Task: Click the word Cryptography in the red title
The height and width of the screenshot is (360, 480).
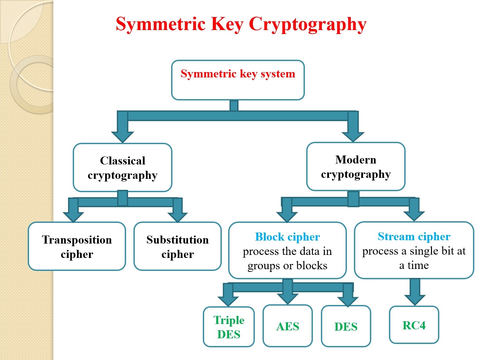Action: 308,24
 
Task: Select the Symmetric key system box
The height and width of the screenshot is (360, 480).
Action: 238,80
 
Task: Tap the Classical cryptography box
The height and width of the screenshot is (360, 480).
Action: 122,167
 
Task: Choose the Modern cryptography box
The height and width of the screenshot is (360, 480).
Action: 356,167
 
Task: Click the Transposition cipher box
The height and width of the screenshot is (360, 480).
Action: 77,246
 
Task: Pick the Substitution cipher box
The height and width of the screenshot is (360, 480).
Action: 177,246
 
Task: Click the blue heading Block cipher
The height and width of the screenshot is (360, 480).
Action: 287,237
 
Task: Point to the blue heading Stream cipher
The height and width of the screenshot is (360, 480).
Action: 414,236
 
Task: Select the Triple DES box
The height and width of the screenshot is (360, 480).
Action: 229,327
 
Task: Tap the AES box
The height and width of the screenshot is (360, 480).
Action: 288,326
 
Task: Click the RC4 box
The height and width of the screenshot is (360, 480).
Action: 414,325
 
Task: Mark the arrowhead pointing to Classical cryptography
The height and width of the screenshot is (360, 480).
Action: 122,137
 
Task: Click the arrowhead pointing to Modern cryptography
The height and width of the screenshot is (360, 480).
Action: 353,137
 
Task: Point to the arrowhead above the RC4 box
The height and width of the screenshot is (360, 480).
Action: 415,300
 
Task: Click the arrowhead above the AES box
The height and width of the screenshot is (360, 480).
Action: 288,299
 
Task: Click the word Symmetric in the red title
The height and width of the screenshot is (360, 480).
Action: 160,24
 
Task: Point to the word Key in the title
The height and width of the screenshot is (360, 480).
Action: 227,24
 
